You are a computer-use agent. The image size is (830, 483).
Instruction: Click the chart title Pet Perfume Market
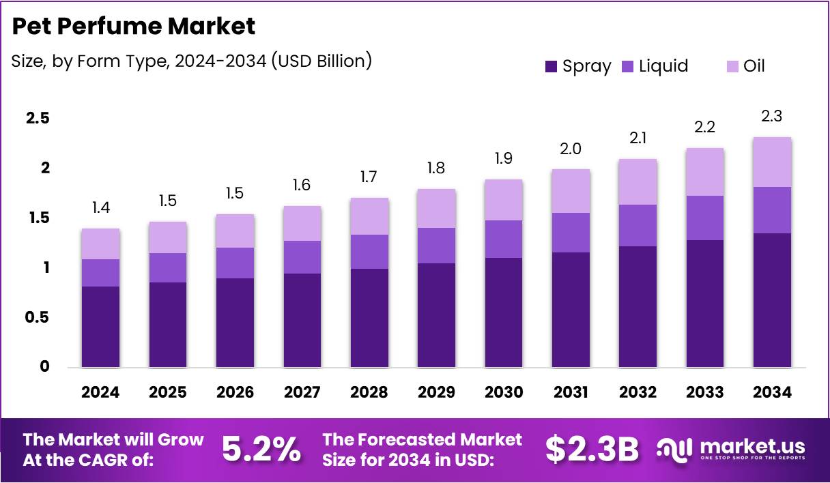134,27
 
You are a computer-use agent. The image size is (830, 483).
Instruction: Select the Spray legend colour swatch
552,66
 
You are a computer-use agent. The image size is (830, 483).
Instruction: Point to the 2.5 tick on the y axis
38,118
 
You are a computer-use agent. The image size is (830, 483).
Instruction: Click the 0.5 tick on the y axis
38,317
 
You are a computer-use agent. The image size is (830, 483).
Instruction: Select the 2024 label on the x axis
100,392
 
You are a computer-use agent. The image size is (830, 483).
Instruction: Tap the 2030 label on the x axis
504,392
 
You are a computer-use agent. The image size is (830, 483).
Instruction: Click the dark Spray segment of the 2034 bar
773,300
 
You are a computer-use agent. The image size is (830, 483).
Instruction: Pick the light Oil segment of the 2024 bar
100,244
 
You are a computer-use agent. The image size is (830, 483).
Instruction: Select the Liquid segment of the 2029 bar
436,245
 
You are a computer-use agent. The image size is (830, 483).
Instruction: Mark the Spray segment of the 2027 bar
302,320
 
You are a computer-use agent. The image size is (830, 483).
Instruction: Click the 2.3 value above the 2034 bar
771,117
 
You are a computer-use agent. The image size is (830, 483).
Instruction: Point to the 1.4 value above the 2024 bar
100,208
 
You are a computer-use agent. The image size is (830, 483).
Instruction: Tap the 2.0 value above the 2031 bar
570,149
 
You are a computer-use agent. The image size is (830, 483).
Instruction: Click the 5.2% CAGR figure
261,450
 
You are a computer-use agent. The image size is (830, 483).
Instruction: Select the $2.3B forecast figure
592,450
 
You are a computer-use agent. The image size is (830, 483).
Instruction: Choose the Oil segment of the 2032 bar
638,181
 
